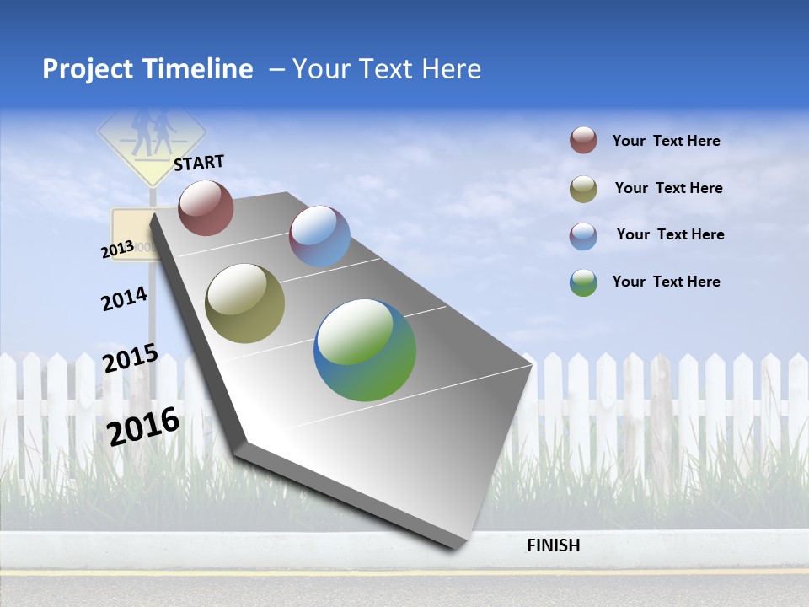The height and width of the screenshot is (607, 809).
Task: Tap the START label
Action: (199, 162)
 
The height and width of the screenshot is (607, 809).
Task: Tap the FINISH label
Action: (554, 545)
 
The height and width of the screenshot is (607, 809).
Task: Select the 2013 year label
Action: (118, 250)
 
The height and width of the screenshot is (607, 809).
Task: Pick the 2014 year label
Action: (125, 298)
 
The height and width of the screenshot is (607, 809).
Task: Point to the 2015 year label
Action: (131, 358)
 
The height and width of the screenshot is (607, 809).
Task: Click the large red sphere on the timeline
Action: (206, 207)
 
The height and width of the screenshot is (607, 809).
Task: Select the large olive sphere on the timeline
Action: (245, 303)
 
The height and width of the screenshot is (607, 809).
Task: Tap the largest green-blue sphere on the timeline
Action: (365, 350)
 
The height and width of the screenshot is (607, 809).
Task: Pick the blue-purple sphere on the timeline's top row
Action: (319, 236)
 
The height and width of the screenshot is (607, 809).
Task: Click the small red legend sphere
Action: (583, 140)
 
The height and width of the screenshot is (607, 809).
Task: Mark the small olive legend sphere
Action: (583, 189)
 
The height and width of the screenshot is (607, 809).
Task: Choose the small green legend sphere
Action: (583, 282)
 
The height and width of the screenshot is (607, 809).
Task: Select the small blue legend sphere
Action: (583, 236)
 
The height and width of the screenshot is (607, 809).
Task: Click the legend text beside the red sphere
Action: (666, 141)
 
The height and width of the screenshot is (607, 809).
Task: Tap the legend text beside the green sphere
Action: (666, 282)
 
